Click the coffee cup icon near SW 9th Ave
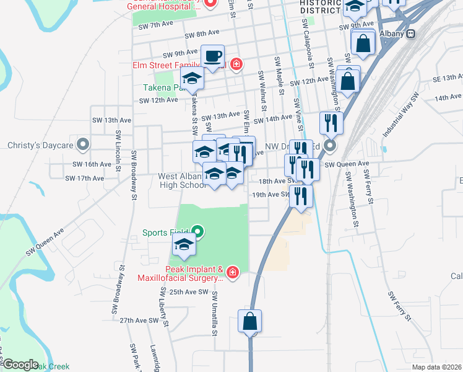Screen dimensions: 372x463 click(x=212, y=56)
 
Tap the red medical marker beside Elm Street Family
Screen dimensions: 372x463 click(x=235, y=64)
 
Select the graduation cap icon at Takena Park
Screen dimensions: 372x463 click(x=192, y=79)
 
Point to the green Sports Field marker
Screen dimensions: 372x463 click(x=197, y=232)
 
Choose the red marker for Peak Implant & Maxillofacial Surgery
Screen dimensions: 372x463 click(x=232, y=273)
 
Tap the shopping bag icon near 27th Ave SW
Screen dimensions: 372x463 click(x=250, y=322)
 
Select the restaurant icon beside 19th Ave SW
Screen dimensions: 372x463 click(x=301, y=196)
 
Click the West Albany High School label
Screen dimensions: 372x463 click(x=183, y=181)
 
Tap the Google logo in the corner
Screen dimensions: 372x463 click(x=20, y=365)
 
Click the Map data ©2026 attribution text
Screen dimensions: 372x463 click(x=436, y=367)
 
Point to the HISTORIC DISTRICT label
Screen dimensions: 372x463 click(x=320, y=7)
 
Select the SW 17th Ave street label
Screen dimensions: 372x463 click(x=84, y=178)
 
